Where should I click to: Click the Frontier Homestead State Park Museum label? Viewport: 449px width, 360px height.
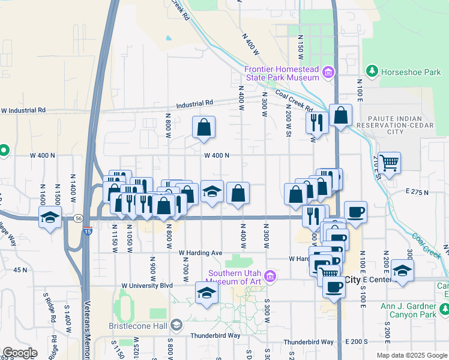pos(281,73)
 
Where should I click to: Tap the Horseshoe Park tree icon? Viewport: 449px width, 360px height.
pos(372,72)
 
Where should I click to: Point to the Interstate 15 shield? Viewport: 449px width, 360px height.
pos(88,231)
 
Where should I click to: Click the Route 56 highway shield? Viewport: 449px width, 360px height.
pos(79,220)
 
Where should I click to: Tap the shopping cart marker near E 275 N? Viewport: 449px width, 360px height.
pos(390,162)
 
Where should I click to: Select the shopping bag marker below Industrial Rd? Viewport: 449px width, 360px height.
pos(204,127)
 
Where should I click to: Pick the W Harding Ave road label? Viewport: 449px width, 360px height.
pos(200,253)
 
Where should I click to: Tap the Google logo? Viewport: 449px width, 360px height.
pos(20,353)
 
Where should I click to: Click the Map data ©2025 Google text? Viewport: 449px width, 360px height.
pos(411,355)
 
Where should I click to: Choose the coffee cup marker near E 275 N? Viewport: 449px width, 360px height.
pos(355,212)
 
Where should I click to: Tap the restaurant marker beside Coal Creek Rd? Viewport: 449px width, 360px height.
pos(316,123)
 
